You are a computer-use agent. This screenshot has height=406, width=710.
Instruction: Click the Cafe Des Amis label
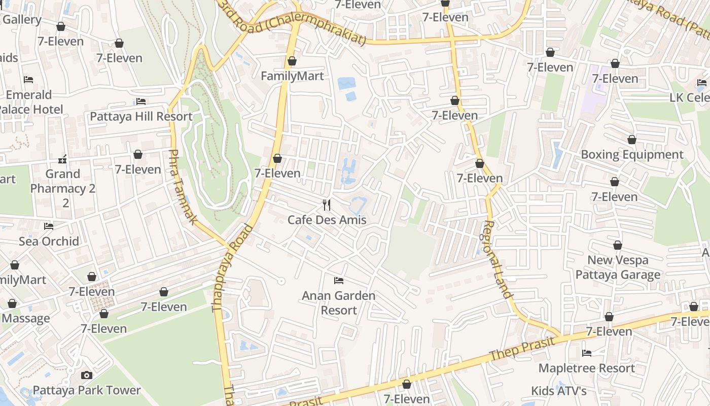click(x=327, y=220)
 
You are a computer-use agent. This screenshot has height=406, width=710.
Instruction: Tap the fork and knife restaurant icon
click(x=327, y=205)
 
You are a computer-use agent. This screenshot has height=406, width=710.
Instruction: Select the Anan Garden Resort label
click(x=339, y=302)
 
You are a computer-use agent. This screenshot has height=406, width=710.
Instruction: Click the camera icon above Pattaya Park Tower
click(x=87, y=375)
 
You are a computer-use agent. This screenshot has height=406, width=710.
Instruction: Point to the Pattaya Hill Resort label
click(x=141, y=116)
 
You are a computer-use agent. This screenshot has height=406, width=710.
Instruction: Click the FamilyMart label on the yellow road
click(x=292, y=76)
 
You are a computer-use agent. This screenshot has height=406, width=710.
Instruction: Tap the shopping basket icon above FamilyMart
click(x=292, y=61)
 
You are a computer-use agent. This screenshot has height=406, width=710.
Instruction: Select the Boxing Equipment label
click(x=632, y=154)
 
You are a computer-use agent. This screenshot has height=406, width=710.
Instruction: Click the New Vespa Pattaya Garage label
click(x=618, y=267)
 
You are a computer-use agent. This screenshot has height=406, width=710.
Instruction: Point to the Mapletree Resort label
click(x=587, y=368)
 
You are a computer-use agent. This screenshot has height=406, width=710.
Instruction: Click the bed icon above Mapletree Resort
click(x=587, y=353)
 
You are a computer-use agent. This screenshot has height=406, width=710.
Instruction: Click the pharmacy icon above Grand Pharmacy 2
click(x=62, y=160)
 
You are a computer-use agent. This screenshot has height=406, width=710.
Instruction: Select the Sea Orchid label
click(x=49, y=241)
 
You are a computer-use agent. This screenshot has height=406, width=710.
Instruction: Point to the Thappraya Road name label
click(x=232, y=266)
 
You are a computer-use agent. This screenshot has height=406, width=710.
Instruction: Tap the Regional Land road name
click(x=497, y=259)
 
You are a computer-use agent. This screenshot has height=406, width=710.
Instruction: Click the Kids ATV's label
click(x=559, y=391)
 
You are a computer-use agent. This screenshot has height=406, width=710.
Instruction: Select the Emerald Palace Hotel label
click(x=30, y=102)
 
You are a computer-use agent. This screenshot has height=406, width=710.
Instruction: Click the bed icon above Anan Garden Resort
click(x=339, y=280)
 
